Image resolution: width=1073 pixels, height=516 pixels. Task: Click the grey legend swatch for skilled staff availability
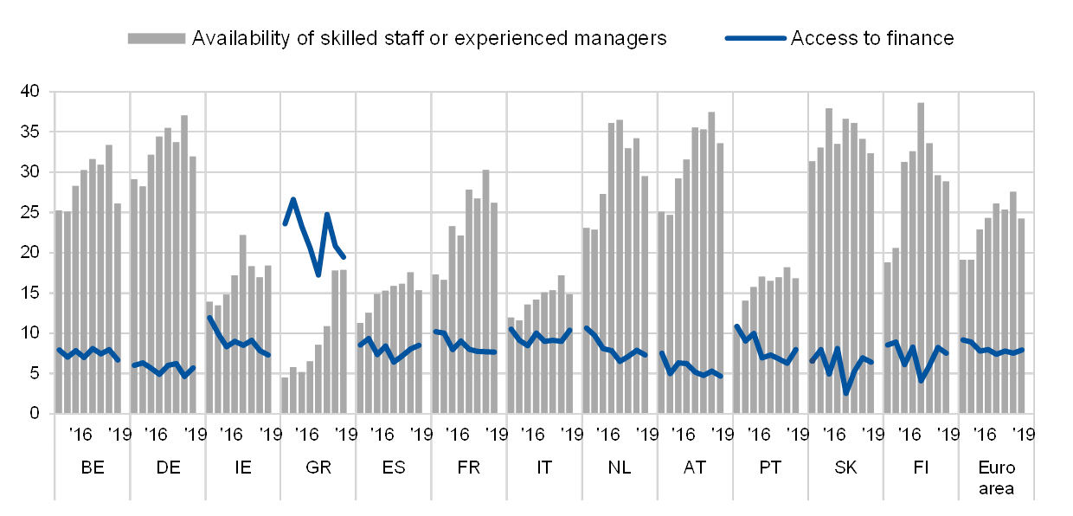[x=157, y=38]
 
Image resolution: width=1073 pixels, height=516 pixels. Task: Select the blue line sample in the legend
[x=755, y=38]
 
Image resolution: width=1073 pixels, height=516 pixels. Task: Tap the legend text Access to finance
[x=871, y=38]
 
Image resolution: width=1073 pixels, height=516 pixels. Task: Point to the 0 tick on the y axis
[x=35, y=414]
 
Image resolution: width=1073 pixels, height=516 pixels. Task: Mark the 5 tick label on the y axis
[x=35, y=373]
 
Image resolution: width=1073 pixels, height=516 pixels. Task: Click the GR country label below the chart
[x=319, y=468]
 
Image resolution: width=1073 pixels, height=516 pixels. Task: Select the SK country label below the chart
[x=845, y=468]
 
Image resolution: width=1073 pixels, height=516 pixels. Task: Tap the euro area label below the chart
[x=996, y=479]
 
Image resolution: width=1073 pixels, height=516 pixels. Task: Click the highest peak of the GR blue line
[x=293, y=199]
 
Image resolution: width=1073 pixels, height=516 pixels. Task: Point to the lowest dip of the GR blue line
[x=318, y=274]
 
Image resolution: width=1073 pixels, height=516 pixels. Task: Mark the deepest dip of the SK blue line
[x=845, y=392]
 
